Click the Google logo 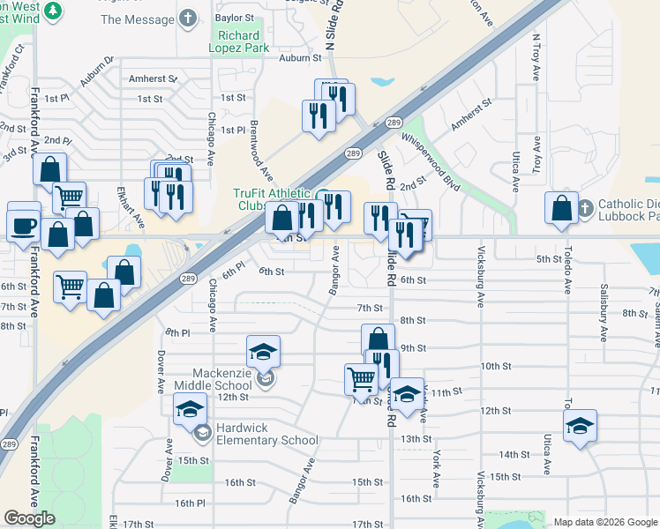pos(29,518)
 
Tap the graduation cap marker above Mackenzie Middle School pos(263,353)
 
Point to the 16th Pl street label pos(189,503)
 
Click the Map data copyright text pos(605,522)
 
